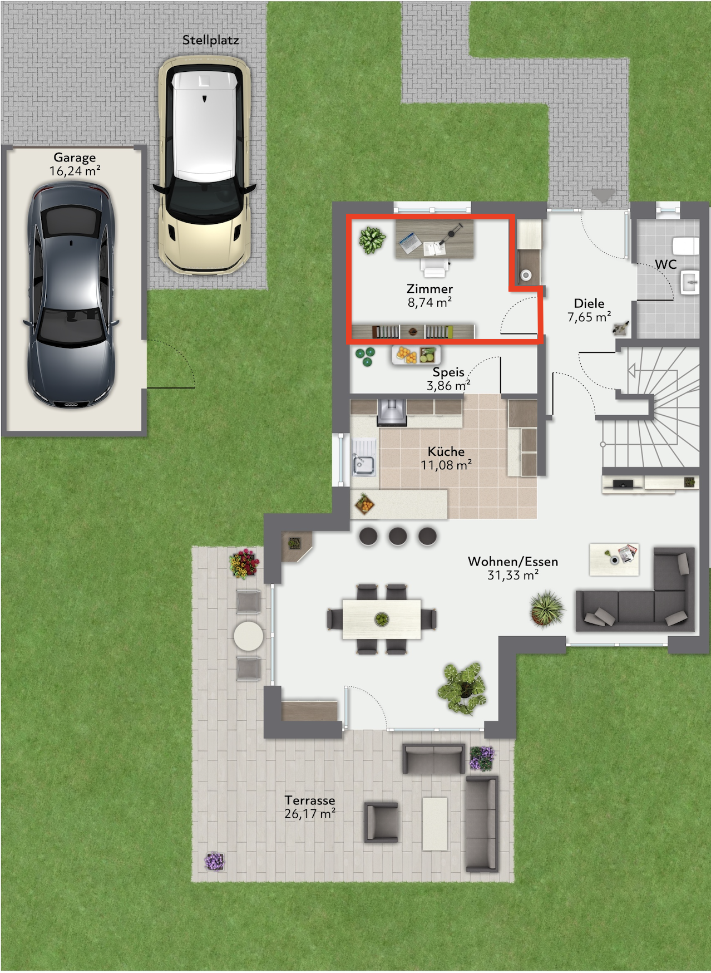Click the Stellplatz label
tap(210, 40)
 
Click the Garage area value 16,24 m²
tap(75, 171)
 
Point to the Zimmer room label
tap(429, 288)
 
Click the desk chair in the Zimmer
tap(434, 266)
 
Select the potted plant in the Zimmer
tap(372, 240)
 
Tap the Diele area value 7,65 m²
tap(589, 317)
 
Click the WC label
tap(665, 264)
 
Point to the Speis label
tap(448, 372)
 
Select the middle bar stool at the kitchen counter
tap(398, 536)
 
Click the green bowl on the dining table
tap(382, 618)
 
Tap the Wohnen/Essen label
tap(512, 562)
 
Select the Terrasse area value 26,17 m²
tap(310, 813)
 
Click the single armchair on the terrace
tap(381, 822)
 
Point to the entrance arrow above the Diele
tap(603, 195)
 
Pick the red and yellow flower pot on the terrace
tap(244, 563)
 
